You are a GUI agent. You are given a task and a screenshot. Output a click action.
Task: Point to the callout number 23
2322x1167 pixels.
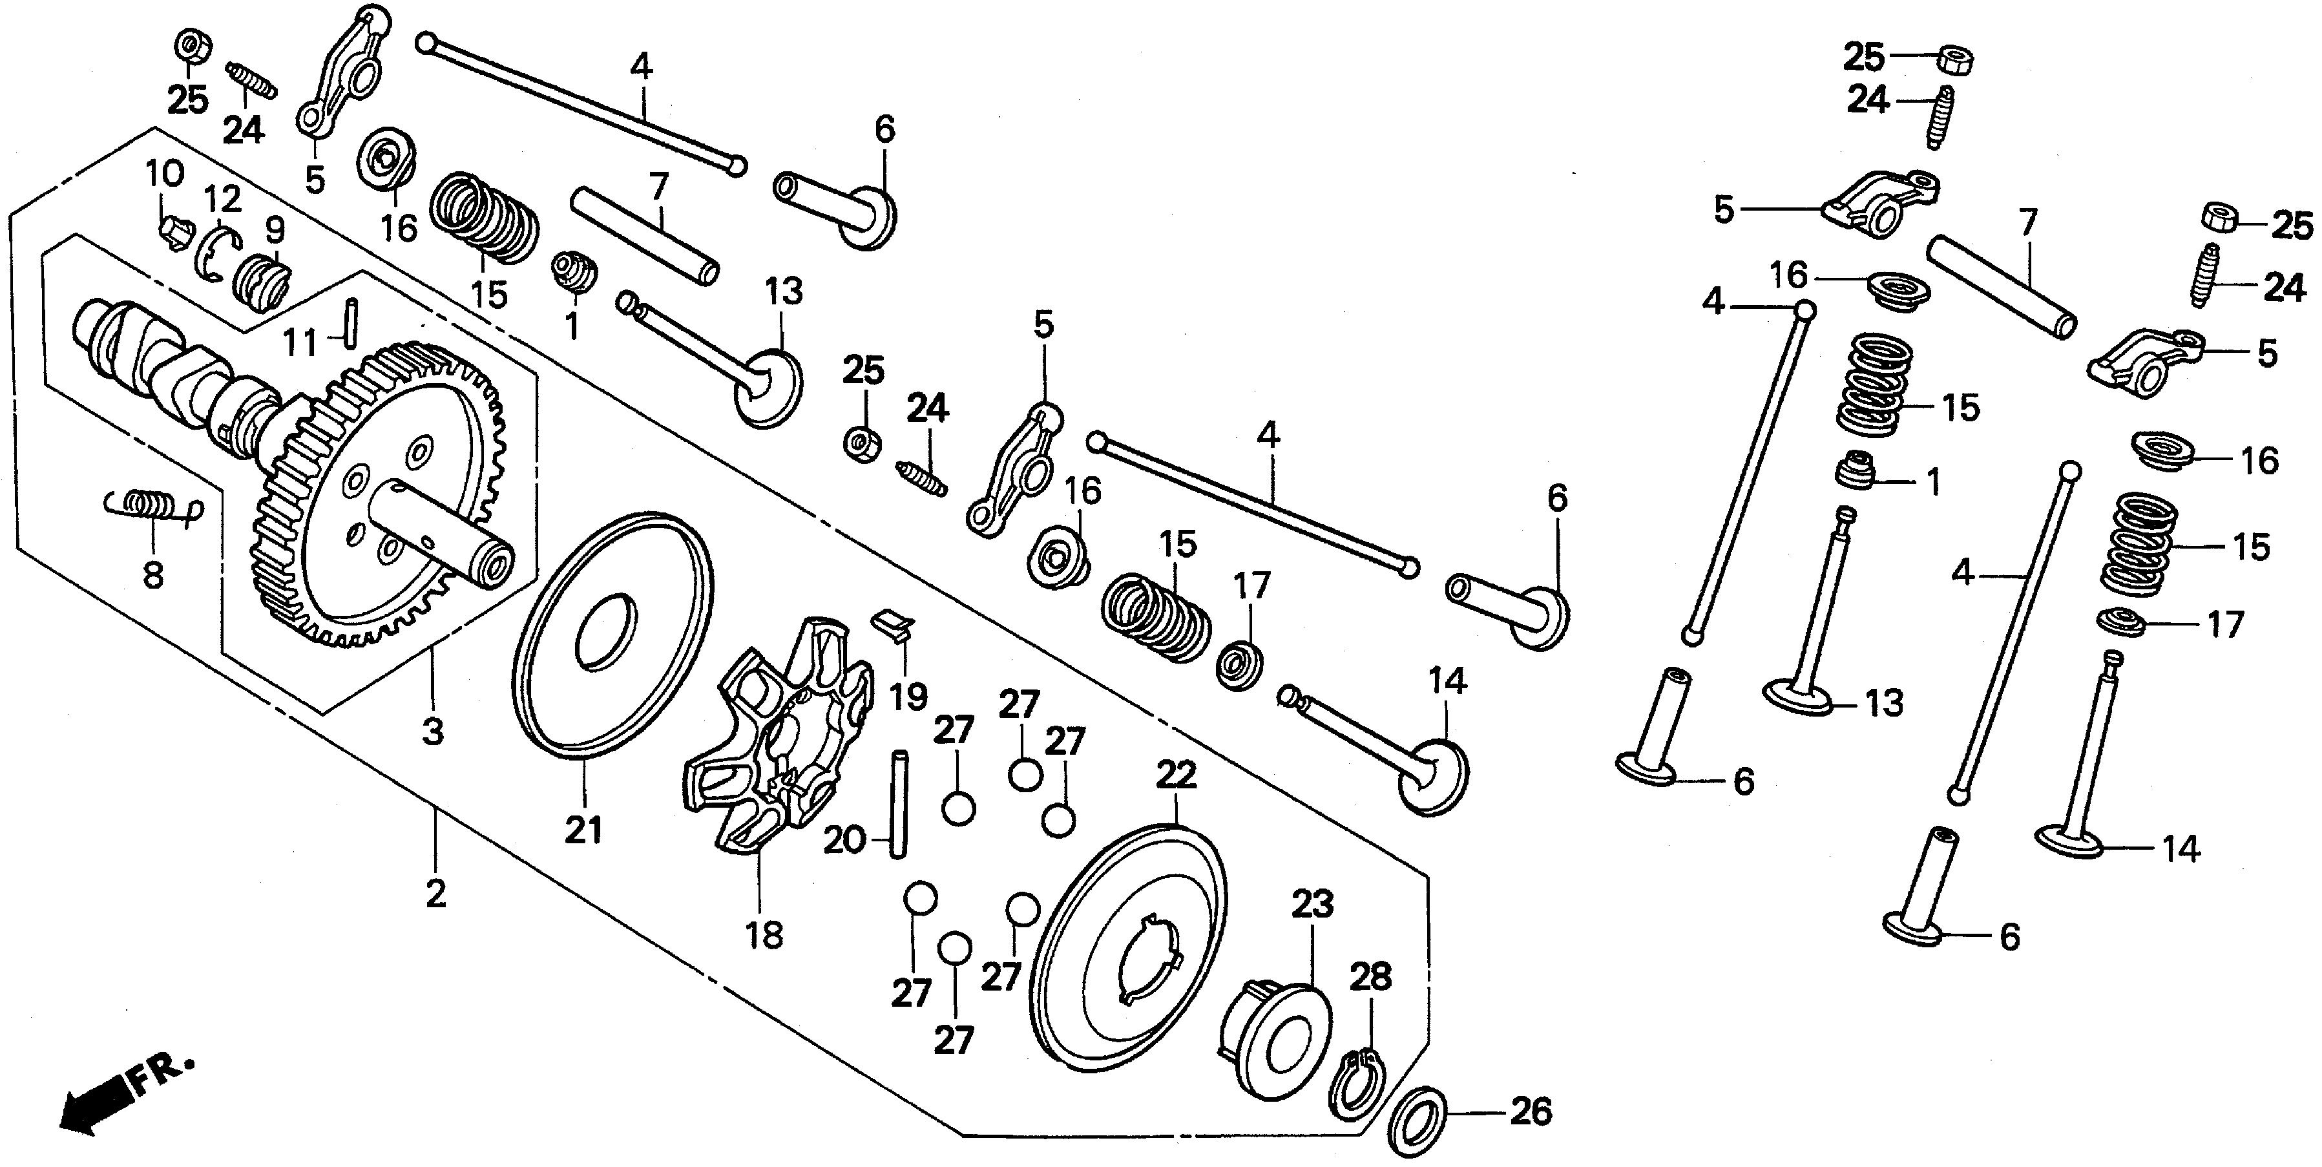pos(1312,905)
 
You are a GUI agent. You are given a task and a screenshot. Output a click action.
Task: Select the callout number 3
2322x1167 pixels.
pos(434,732)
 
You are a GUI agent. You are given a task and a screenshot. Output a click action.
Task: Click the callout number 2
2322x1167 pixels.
pos(435,895)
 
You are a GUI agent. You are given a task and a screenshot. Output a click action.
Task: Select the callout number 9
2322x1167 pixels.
pos(274,230)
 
